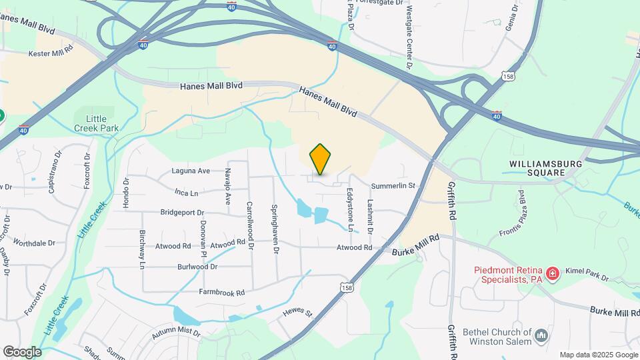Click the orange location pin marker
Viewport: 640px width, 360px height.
321,159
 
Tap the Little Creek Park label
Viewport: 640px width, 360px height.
91,123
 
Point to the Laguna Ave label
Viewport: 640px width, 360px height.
191,171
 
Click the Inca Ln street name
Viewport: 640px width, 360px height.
186,193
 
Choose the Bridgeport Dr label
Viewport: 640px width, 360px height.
182,213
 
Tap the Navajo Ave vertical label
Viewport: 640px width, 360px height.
227,186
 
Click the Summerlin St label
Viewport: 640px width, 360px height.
393,185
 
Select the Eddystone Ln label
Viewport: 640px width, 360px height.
350,209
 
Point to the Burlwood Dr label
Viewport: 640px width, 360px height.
197,267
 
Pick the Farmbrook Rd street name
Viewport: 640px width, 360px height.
222,292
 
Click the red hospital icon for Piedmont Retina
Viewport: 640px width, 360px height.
552,273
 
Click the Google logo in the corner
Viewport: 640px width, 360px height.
22,352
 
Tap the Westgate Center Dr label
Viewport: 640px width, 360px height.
409,37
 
